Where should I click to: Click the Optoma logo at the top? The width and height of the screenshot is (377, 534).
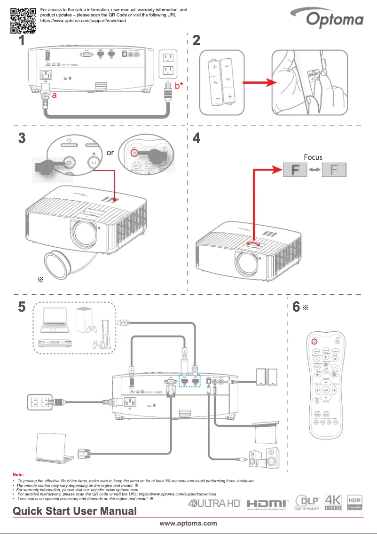pos(335,19)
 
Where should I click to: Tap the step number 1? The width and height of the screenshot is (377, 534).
pos(21,41)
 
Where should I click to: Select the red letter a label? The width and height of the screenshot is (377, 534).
pos(55,95)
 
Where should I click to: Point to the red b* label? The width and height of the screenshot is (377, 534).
pos(179,86)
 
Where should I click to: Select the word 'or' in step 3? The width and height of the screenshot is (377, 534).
pos(110,153)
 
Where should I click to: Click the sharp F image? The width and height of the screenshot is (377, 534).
pos(333,170)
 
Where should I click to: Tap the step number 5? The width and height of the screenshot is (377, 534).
pos(22,306)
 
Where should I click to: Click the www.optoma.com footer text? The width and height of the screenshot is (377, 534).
pos(188,523)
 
